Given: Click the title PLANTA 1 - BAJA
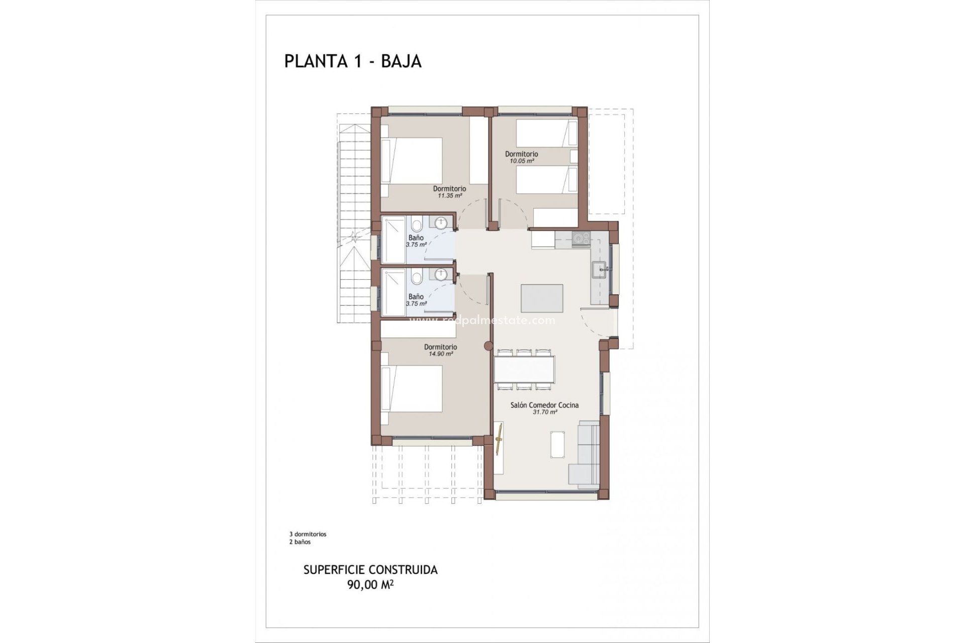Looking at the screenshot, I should (353, 61).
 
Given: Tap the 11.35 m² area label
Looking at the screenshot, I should (449, 195).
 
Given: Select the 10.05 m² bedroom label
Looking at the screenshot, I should (521, 161).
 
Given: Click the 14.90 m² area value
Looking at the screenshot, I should (440, 354).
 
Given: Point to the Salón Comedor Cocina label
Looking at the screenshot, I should (544, 405).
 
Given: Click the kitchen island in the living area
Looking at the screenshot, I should (542, 298).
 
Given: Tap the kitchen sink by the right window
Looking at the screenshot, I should (599, 269).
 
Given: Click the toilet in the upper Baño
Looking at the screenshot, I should (416, 226).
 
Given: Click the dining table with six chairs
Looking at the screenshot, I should (524, 369).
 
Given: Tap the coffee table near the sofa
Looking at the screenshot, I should (557, 445).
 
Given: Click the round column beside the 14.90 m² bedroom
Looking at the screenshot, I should (488, 346).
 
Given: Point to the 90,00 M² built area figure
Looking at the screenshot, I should (370, 585).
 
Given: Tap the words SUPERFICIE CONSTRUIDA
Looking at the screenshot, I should (370, 570).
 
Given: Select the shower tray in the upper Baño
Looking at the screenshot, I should (394, 240).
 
